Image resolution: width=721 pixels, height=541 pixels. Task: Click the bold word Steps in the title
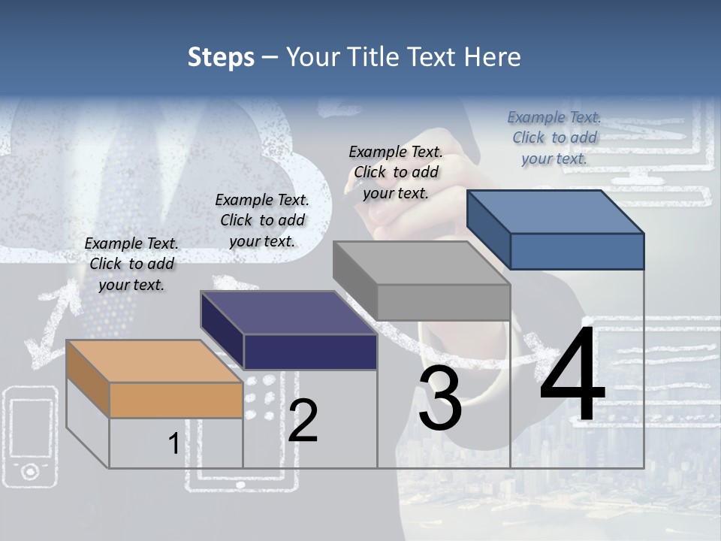tap(221, 57)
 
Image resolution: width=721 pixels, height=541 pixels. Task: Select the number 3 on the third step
tap(439, 398)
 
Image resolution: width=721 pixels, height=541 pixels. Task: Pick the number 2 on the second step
tap(303, 421)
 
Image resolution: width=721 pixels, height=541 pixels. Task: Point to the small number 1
tap(173, 444)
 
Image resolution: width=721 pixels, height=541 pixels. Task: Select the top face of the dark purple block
tap(288, 313)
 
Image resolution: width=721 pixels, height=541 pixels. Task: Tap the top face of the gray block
tap(421, 262)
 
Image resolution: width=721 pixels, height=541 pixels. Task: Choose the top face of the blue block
tap(555, 211)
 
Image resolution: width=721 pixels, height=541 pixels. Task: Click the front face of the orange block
tap(176, 400)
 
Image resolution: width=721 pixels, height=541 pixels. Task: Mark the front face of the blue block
tap(577, 251)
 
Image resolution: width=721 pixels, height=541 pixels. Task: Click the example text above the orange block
tap(131, 264)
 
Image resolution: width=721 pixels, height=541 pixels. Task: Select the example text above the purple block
tap(262, 220)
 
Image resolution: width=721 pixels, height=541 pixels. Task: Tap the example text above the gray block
tap(396, 172)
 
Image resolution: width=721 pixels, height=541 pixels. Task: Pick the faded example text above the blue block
tap(554, 138)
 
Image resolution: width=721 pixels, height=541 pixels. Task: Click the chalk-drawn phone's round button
tap(30, 471)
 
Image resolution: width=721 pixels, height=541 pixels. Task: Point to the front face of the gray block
tap(443, 302)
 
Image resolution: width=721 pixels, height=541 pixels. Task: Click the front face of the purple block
tap(310, 352)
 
